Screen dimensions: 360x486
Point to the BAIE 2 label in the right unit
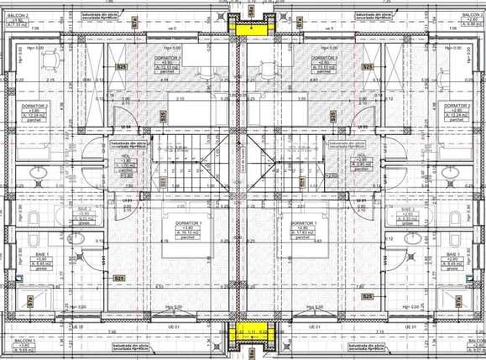(408, 210)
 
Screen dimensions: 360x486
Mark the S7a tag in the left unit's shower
(31, 300)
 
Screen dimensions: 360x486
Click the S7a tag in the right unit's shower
(454, 300)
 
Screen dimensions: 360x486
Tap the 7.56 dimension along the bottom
(112, 330)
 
